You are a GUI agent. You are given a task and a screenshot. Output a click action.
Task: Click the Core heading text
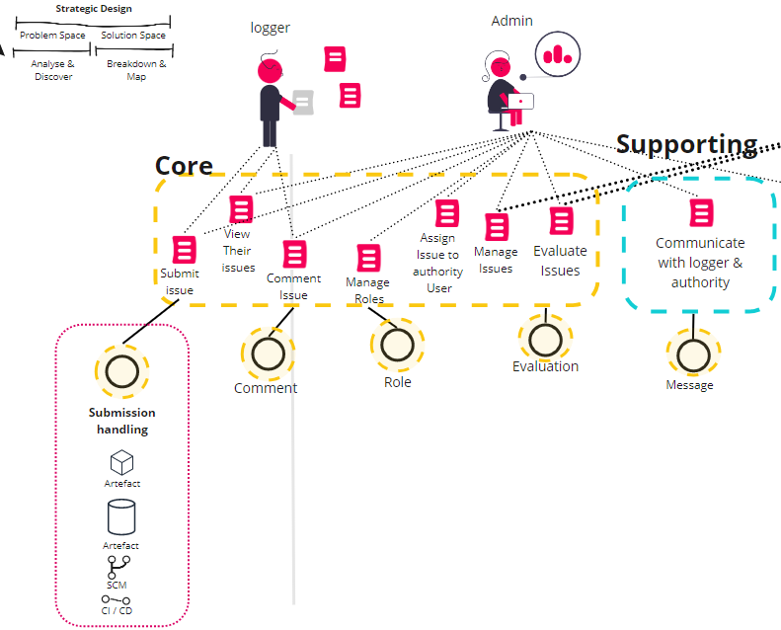pos(184,166)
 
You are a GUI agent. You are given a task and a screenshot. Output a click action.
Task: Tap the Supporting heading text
pos(687,145)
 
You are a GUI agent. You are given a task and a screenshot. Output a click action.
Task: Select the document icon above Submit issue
pos(185,250)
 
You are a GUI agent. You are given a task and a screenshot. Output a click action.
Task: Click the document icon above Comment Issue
pos(295,254)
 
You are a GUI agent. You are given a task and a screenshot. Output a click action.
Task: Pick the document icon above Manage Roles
pos(369,258)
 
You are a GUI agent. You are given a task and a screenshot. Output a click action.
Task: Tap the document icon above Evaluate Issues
pos(562,220)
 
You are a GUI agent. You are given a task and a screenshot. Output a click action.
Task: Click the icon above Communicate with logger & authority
pos(702,212)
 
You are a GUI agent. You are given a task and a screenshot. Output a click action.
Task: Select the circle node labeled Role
pos(398,345)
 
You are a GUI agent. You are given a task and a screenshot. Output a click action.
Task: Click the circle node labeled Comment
pos(268,354)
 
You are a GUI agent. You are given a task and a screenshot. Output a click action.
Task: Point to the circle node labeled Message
pos(693,355)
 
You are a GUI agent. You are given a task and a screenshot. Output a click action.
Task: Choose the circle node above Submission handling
pos(122,371)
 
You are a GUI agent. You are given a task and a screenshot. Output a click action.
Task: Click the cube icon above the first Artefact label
pos(121,463)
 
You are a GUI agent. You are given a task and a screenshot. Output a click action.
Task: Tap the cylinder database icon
pos(121,517)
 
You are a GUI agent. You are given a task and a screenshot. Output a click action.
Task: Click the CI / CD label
pos(117,610)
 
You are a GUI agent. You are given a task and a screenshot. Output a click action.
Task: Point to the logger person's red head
pos(270,71)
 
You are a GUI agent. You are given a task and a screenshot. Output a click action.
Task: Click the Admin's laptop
pos(520,101)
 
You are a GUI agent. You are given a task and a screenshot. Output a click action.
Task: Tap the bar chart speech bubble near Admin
pos(558,54)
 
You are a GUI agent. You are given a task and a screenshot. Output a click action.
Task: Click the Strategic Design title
pos(94,9)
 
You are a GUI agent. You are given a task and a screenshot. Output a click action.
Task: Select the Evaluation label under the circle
pos(545,366)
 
